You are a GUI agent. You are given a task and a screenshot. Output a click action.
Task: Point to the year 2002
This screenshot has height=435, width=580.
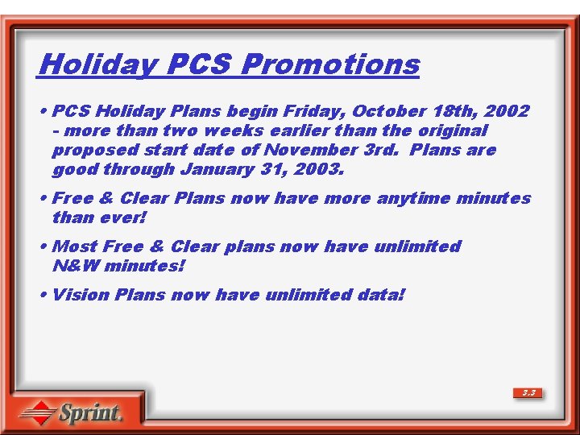507,111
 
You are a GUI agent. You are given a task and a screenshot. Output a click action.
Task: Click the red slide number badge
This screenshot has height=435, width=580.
528,393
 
